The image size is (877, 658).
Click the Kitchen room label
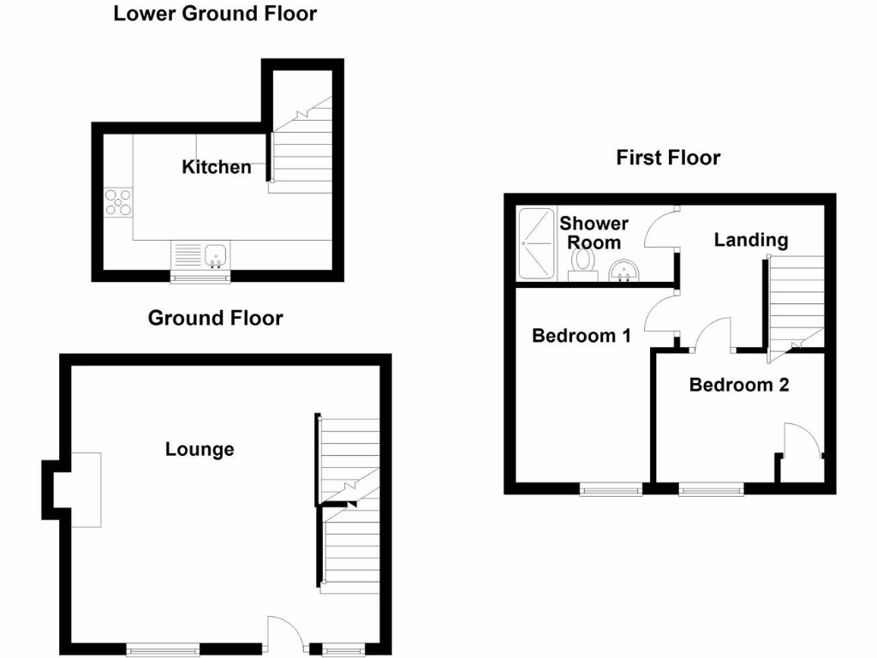coord(217,167)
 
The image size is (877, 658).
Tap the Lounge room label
coord(200,449)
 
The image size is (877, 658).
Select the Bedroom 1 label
coord(582,335)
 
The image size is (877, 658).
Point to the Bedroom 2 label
coord(738,385)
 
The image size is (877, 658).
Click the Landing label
coord(751,240)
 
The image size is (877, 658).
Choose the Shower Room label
coord(594,233)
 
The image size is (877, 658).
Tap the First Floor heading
coord(668,158)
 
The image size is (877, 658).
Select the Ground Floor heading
coord(215,318)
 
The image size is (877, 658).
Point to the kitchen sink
coord(216,254)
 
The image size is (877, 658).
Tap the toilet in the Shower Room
coord(585,261)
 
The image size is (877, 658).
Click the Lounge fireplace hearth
coord(85,490)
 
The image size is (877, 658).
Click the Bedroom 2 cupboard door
coord(802,440)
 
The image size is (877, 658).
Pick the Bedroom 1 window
coord(611,489)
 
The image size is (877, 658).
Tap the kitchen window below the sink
coord(201,276)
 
